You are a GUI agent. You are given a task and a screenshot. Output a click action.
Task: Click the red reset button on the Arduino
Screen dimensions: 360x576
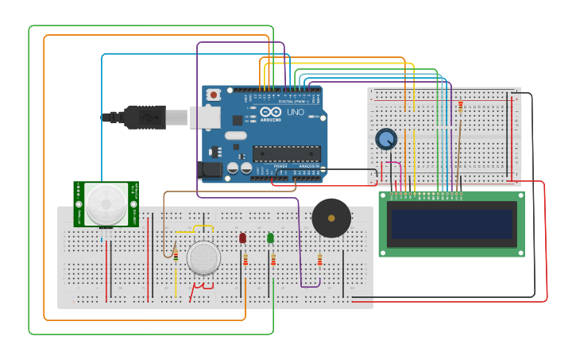pyautogui.click(x=213, y=95)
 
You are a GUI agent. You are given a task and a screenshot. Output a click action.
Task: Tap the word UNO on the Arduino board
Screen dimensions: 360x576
pyautogui.click(x=295, y=112)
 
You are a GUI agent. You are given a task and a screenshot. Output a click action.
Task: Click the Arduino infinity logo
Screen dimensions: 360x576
pyautogui.click(x=270, y=112)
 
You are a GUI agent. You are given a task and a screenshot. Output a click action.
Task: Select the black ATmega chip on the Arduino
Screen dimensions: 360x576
pyautogui.click(x=286, y=153)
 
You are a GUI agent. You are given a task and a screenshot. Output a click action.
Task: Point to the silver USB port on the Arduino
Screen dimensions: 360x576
pyautogui.click(x=205, y=117)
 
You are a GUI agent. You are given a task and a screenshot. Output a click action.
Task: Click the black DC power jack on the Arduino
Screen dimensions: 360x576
pyautogui.click(x=210, y=168)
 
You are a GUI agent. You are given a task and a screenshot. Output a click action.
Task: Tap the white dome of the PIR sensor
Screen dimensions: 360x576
pyautogui.click(x=106, y=203)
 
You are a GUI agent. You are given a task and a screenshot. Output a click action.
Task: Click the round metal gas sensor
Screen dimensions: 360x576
pyautogui.click(x=203, y=257)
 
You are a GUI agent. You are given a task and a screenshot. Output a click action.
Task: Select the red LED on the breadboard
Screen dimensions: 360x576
pyautogui.click(x=242, y=238)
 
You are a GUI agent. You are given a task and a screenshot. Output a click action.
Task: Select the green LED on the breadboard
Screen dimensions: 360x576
pyautogui.click(x=270, y=238)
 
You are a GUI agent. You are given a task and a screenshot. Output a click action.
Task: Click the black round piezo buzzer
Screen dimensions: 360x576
pyautogui.click(x=331, y=218)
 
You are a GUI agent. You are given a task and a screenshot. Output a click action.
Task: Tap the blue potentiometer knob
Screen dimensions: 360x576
pyautogui.click(x=386, y=139)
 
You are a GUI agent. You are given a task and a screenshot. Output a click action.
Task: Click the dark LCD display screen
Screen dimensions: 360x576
pyautogui.click(x=451, y=223)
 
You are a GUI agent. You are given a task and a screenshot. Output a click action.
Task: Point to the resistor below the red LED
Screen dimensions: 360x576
pyautogui.click(x=245, y=260)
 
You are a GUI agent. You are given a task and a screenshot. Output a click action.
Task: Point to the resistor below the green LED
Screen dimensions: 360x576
pyautogui.click(x=273, y=260)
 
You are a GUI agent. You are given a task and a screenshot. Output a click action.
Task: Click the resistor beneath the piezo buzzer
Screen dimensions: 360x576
pyautogui.click(x=319, y=260)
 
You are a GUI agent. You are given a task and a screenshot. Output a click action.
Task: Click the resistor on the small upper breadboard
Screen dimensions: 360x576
pyautogui.click(x=460, y=106)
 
